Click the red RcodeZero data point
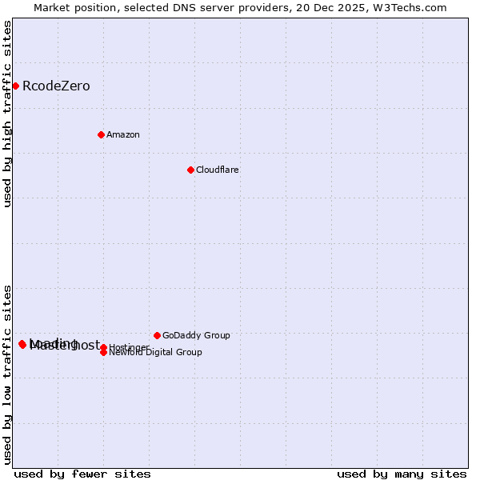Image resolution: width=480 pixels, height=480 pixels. point(15,86)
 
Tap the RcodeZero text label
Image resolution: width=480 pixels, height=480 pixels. point(56,86)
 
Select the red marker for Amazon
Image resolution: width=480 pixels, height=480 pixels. point(101,134)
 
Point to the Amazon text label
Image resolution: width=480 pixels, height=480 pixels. point(123,134)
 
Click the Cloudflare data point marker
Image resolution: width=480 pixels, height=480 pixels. point(190,170)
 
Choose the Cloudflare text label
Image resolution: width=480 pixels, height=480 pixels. point(218,170)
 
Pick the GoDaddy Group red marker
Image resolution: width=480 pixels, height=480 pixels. point(157,335)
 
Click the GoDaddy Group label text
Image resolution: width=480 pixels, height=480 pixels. point(196,335)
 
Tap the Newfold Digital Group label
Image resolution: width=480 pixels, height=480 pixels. point(155,352)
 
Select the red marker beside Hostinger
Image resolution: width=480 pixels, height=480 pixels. point(103,347)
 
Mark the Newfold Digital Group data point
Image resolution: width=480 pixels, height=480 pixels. point(103,353)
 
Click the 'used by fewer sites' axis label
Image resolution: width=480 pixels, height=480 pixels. point(82,474)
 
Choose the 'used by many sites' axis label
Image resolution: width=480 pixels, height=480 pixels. point(402,474)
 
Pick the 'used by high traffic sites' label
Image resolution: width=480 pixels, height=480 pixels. point(7,114)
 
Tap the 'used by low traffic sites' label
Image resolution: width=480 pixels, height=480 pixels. point(7,374)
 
